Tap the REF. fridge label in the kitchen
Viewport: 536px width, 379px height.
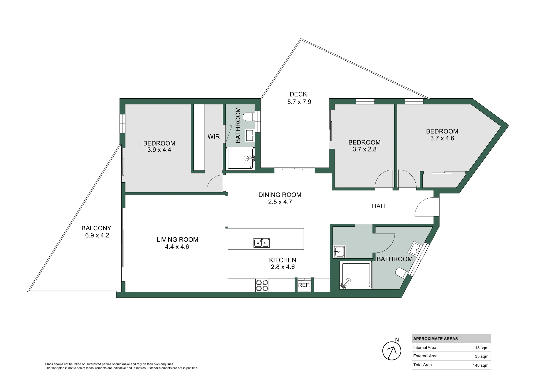coord(304,285)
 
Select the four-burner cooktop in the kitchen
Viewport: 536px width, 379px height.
coord(262,285)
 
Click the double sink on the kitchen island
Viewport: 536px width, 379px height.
coord(262,243)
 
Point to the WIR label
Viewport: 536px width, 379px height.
coord(214,137)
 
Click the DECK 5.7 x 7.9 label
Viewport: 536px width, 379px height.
coord(299,98)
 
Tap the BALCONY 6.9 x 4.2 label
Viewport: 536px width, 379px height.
coord(97,232)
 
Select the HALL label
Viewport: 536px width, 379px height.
coord(379,206)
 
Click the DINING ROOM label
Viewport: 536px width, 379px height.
coord(280,195)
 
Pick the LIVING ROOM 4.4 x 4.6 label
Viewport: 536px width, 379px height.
coord(177,243)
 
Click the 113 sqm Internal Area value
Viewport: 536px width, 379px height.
coord(481,348)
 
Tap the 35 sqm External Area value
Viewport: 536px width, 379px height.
coord(482,356)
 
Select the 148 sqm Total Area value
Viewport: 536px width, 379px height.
coord(481,365)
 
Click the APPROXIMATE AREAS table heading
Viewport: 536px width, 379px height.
coord(435,339)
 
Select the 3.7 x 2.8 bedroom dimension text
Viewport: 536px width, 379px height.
coord(364,150)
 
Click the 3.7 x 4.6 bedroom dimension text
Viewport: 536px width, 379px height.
coord(442,138)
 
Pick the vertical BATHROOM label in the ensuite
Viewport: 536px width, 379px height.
coord(238,125)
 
